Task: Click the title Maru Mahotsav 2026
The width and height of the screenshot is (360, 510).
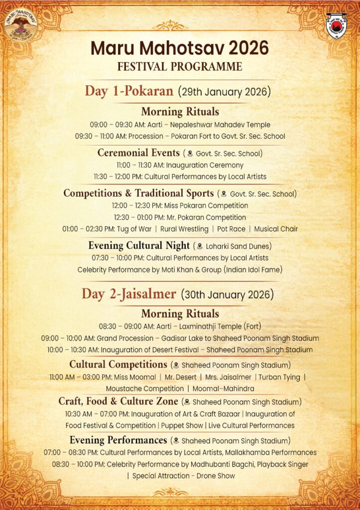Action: [x=180, y=49]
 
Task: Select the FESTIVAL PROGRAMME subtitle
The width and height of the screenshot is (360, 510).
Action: [x=180, y=67]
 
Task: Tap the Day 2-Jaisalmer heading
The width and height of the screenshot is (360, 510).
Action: [x=129, y=294]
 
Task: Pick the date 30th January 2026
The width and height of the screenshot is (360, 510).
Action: [x=227, y=294]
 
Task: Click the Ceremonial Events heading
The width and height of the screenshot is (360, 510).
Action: [x=138, y=152]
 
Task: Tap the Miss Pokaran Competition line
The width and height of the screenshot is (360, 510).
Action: [x=180, y=205]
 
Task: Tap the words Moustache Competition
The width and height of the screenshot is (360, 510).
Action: [x=144, y=388]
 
